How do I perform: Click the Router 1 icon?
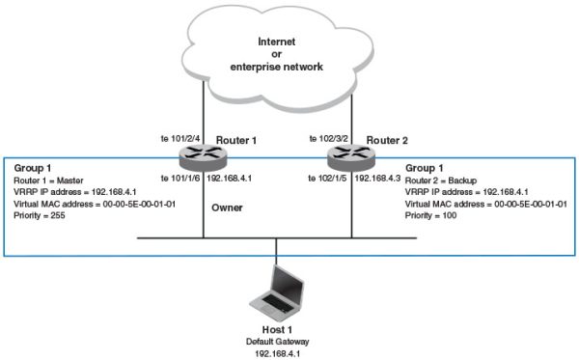[204, 153]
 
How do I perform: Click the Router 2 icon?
[346, 153]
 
